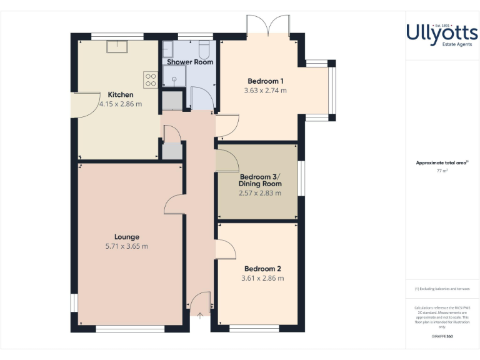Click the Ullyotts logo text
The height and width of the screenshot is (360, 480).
[x=442, y=32]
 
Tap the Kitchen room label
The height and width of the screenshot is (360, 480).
[x=121, y=95]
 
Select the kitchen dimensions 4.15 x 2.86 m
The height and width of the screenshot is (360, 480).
[x=121, y=104]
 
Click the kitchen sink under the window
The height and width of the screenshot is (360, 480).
[x=117, y=47]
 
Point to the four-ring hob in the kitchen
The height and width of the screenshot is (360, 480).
[x=151, y=79]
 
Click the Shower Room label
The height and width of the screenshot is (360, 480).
[x=190, y=62]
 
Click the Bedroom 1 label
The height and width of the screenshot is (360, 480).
[x=266, y=81]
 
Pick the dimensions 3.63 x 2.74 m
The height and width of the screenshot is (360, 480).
[x=266, y=91]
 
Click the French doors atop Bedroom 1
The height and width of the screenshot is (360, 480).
[x=267, y=26]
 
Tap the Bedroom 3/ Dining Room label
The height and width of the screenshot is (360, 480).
[x=260, y=180]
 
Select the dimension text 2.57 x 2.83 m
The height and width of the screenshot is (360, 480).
[x=260, y=193]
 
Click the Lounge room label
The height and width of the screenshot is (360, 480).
[x=127, y=237]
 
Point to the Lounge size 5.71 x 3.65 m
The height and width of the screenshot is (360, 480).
[x=127, y=246]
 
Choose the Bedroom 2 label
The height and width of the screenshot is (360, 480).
[x=262, y=269]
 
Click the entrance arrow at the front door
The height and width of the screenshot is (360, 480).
[x=199, y=316]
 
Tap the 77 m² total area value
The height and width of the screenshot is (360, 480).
[x=442, y=170]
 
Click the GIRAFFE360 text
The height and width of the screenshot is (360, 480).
[x=442, y=336]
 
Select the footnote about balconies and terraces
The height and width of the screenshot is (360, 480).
[x=442, y=289]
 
